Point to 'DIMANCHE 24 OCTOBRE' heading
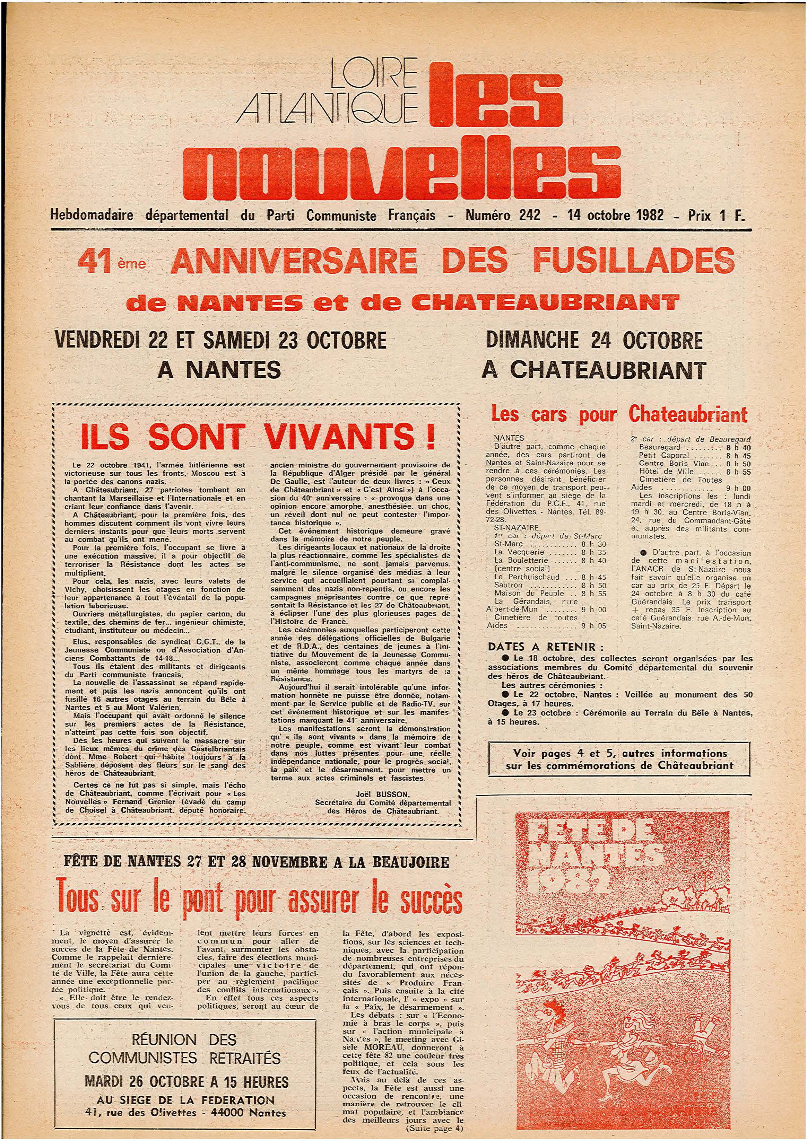click(x=595, y=341)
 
